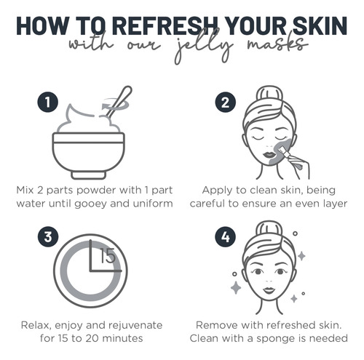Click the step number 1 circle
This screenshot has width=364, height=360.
pos(47,102)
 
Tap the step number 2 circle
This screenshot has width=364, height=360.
pos(226,102)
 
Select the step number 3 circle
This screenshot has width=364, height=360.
pos(48,236)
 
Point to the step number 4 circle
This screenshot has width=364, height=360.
pos(226,236)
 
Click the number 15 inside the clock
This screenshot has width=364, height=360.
pos(108,256)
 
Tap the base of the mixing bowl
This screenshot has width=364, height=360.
pos(88,175)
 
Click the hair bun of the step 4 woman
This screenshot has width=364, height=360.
pos(269,229)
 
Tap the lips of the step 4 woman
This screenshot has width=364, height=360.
pos(269,290)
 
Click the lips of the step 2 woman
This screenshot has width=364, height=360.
pos(269,155)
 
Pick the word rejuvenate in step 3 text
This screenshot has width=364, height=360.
pos(135,325)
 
